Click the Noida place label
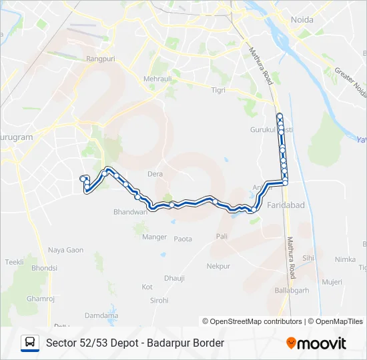[x=302, y=19]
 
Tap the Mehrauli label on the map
[x=157, y=79]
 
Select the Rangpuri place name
[x=101, y=59]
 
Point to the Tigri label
[x=218, y=89]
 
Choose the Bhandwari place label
[x=129, y=211]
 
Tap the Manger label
[x=154, y=236]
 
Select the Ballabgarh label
[x=293, y=291]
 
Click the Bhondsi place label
[x=44, y=268]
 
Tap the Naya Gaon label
[x=65, y=250]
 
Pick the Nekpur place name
[x=218, y=266]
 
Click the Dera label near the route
[x=155, y=174]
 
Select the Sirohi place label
[x=159, y=301]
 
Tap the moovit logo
[x=316, y=343]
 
